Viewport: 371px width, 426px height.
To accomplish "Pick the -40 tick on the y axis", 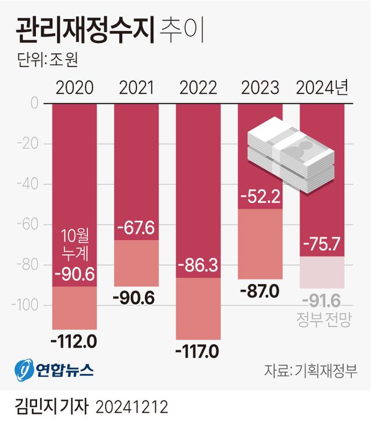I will (27, 184).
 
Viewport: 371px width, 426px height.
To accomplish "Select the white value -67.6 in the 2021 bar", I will (136, 228).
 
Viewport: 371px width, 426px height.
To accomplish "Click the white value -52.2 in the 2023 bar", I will (260, 197).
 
